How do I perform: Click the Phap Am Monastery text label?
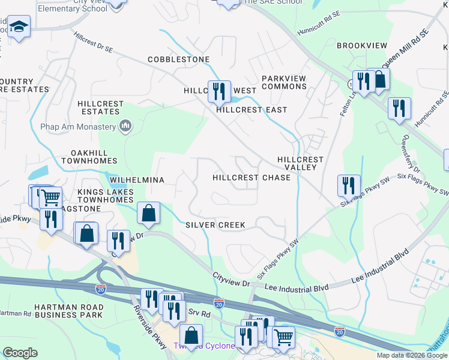(77, 127)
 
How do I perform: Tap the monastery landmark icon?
(125, 125)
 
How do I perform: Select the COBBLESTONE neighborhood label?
(179, 59)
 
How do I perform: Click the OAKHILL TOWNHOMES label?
(92, 158)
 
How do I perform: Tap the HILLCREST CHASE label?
(252, 178)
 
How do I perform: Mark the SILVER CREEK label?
(215, 225)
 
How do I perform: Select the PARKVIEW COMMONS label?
(284, 83)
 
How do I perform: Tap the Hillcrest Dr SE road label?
(92, 44)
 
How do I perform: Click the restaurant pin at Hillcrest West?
(219, 92)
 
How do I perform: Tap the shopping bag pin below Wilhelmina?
(148, 213)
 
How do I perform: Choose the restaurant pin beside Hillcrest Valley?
(348, 186)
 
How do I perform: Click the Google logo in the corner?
(20, 353)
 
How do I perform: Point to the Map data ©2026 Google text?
(411, 355)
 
